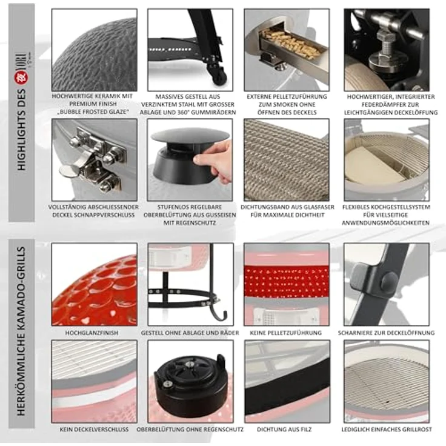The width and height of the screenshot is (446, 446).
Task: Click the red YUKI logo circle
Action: (21, 78)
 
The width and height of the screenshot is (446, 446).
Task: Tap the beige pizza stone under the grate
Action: (373, 164)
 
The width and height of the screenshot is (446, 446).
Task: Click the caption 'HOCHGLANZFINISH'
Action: (92, 333)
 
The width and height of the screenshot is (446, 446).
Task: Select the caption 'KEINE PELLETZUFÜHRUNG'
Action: (285, 333)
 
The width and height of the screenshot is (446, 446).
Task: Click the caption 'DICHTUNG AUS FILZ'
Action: (284, 429)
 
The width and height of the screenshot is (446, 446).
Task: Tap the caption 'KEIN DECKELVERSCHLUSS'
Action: (94, 429)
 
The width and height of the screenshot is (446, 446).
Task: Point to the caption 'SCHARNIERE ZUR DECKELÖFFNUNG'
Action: (386, 333)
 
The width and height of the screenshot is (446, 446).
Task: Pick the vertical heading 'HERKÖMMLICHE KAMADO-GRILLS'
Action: (21, 331)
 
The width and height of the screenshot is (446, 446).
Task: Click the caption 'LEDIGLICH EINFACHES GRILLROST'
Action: (387, 429)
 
